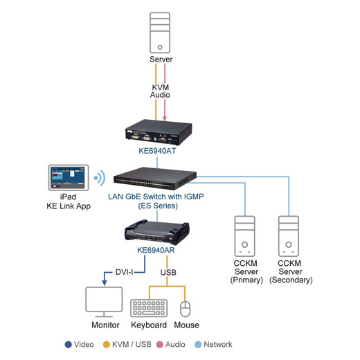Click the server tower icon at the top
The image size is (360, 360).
pos(160,33)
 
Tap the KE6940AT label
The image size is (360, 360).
pos(157,151)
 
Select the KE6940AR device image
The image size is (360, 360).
pos(157,233)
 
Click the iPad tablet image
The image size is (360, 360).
pos(69,177)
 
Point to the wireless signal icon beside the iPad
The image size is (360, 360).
pos(100,178)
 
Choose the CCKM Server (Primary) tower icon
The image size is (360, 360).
pos(244,236)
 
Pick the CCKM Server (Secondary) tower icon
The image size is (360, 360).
pos(289,236)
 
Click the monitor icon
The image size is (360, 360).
pos(104,302)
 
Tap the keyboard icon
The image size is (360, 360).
pos(149,308)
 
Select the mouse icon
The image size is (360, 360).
pos(185,309)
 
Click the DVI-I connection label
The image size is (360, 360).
pos(124,272)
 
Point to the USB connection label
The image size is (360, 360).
pos(168,273)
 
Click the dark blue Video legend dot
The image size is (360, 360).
pos(69,345)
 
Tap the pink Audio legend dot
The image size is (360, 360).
pos(160,345)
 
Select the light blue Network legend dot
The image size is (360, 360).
pos(198,345)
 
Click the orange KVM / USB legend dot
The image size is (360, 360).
pos(107,345)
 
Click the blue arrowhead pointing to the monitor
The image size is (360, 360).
pos(105,283)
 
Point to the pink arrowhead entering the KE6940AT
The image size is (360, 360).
pos(165,118)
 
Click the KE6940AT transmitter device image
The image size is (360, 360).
pos(159,132)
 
